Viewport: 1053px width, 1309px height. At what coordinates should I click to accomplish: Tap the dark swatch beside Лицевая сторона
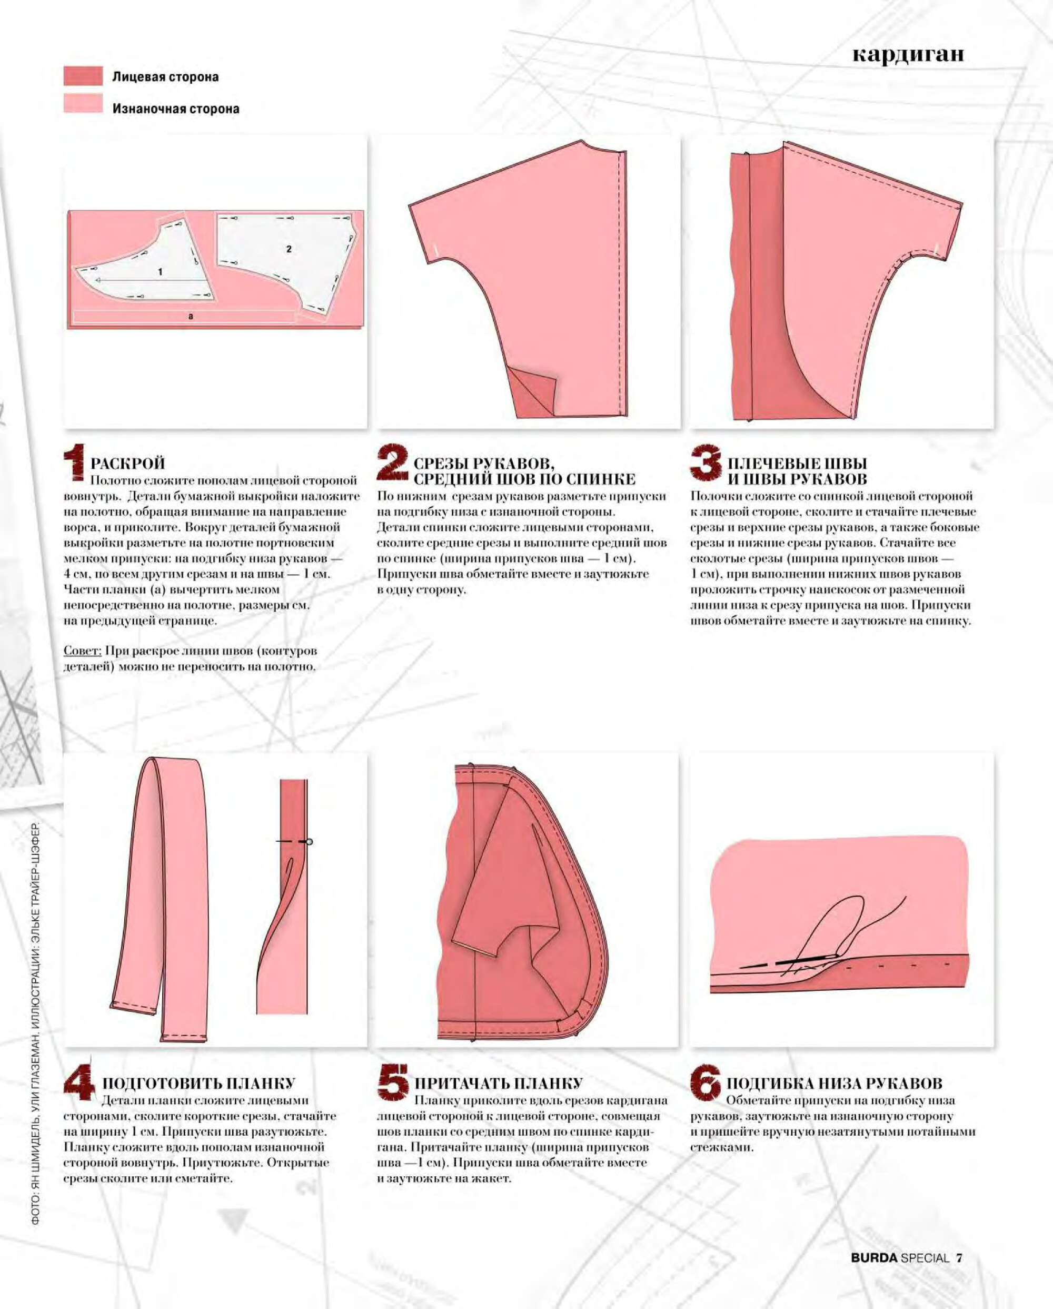83,76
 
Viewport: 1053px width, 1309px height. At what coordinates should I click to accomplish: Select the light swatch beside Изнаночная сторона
83,104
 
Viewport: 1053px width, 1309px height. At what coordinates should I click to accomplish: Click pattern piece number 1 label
160,272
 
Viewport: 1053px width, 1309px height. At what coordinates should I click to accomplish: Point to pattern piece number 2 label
289,249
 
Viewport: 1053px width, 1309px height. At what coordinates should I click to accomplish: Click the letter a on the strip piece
191,317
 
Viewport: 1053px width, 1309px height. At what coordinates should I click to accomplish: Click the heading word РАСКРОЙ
127,463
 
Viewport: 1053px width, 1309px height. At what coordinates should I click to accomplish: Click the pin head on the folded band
309,842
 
